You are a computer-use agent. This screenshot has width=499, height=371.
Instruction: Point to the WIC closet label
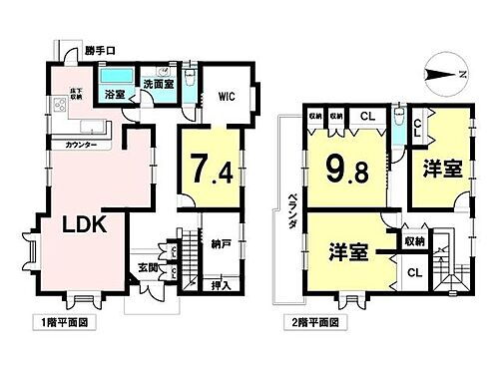click(225, 98)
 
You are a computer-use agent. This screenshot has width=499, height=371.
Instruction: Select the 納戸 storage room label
click(222, 243)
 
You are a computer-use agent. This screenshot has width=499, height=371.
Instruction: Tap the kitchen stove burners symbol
click(47, 106)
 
